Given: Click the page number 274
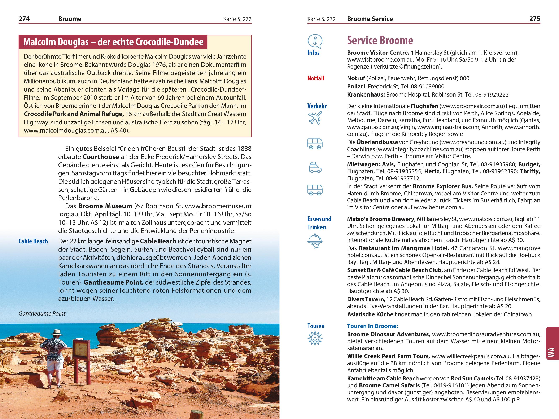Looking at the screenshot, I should [x=24, y=19].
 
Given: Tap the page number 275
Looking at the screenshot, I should [x=534, y=19].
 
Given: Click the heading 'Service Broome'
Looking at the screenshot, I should [x=380, y=40].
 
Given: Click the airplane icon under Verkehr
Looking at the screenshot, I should [x=315, y=118].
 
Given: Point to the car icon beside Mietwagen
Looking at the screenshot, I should [x=315, y=167].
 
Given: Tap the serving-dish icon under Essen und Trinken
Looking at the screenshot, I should [x=315, y=241].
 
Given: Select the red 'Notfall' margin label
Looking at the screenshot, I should [x=316, y=78].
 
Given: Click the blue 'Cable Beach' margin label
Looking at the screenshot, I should [x=33, y=241].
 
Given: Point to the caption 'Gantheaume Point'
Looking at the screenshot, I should [x=42, y=313].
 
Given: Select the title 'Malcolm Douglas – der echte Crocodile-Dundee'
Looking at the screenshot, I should [x=113, y=42].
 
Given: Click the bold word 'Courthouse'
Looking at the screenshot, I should [x=101, y=157].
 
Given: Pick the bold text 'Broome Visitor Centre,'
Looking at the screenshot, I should [x=378, y=53].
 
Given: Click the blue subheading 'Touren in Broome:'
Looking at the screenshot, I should [x=372, y=326].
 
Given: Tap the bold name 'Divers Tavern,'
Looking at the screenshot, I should [x=366, y=299].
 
